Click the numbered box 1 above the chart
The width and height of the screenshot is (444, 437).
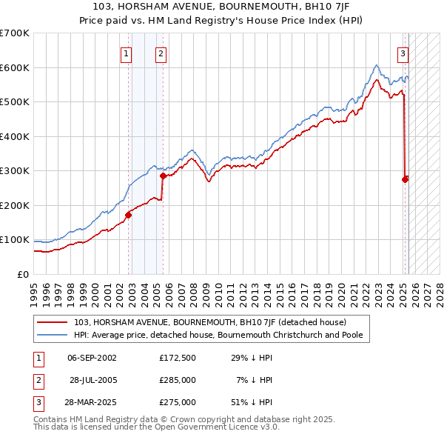tap(127, 53)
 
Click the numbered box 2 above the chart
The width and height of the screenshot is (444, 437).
tap(161, 53)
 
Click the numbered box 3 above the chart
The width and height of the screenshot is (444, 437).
tap(403, 53)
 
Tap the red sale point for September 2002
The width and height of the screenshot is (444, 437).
tap(128, 215)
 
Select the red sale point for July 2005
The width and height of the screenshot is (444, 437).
tap(163, 176)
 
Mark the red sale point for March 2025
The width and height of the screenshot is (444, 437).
tap(406, 179)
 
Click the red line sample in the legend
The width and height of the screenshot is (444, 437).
tap(53, 322)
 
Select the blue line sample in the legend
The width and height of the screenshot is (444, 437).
tap(53, 335)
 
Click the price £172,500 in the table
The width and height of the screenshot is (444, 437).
tap(177, 358)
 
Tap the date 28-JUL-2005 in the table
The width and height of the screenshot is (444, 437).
tap(92, 380)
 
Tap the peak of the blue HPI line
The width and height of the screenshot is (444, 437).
tap(377, 64)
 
